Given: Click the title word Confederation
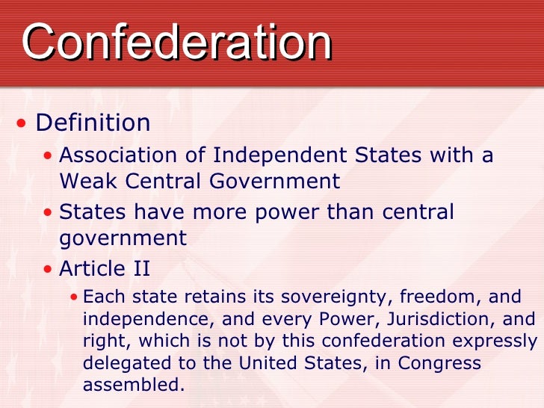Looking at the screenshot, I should (x=176, y=42).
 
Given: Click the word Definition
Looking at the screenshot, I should (x=93, y=122).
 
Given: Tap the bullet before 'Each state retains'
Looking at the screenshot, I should (x=72, y=297).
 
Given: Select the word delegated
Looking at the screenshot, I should (x=120, y=364).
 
